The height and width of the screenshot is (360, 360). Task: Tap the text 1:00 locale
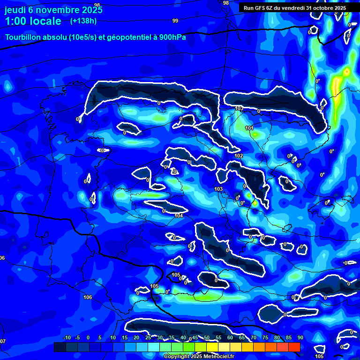[x=33, y=21]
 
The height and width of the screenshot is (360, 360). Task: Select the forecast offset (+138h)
[x=83, y=21]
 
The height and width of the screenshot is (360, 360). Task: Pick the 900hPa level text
[x=172, y=37]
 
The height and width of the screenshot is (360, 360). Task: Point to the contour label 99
[x=175, y=21]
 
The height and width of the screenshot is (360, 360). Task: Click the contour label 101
[x=249, y=128]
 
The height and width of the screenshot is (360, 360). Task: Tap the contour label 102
[x=239, y=156]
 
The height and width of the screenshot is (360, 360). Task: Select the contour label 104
[x=179, y=216]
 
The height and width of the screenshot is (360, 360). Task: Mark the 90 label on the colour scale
[x=300, y=338]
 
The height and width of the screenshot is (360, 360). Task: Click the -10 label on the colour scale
[x=67, y=338]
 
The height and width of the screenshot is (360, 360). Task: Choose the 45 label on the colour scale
[x=195, y=338]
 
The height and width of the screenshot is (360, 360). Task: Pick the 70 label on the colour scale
[x=253, y=338]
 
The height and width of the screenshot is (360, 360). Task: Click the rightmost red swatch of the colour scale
[x=294, y=347]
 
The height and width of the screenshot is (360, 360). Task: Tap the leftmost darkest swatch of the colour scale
[x=60, y=347]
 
